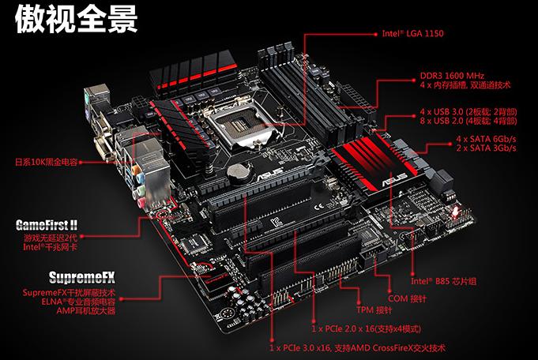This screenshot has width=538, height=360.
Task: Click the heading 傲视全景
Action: click(77, 20)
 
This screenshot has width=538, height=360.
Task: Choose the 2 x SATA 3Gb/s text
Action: click(487, 148)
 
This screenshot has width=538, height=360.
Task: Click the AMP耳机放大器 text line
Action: click(85, 312)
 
